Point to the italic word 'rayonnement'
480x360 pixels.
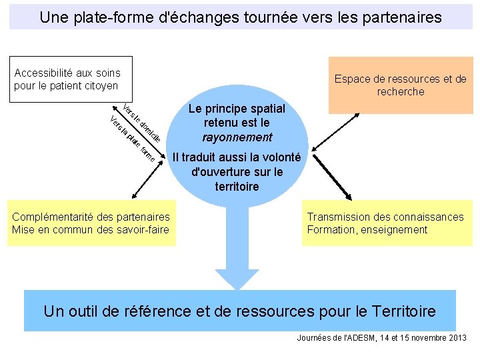tap(237, 137)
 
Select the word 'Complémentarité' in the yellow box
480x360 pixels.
tap(52, 217)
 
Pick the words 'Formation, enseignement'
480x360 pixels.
tap(367, 230)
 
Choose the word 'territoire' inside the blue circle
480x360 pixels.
tap(237, 187)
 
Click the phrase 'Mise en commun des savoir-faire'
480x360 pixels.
tap(91, 230)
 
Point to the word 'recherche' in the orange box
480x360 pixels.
tap(400, 92)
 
